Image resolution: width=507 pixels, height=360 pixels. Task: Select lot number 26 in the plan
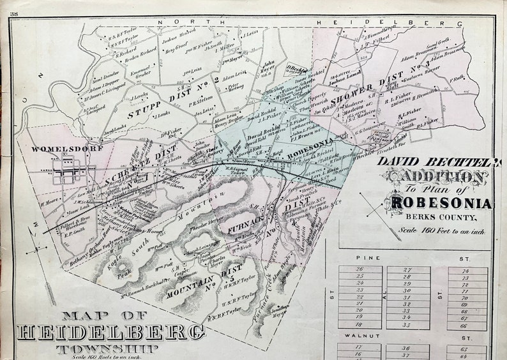(x=359, y=269)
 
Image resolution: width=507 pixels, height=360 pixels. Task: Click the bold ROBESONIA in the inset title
(x=439, y=204)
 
